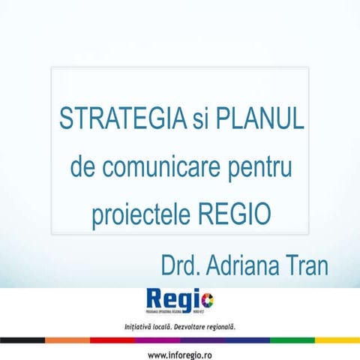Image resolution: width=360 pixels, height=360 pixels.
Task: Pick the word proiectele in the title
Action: coord(139,216)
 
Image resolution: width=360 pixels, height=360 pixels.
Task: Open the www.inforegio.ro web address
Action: coord(180,353)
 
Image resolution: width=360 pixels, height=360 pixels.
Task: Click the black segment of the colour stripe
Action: coord(22,340)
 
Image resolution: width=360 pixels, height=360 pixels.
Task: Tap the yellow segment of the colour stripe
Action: coord(337,340)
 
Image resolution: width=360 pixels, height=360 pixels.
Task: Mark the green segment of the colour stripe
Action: coord(292,340)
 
